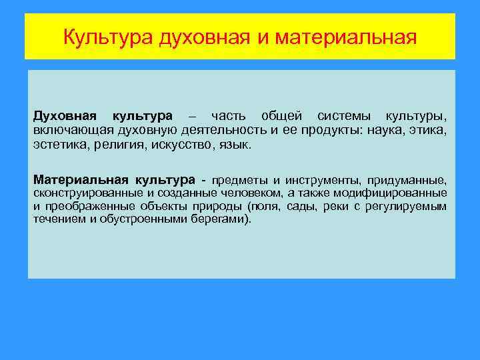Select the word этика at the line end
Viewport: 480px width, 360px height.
click(x=428, y=130)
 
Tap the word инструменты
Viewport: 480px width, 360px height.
click(x=321, y=180)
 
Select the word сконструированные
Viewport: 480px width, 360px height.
click(x=88, y=193)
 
